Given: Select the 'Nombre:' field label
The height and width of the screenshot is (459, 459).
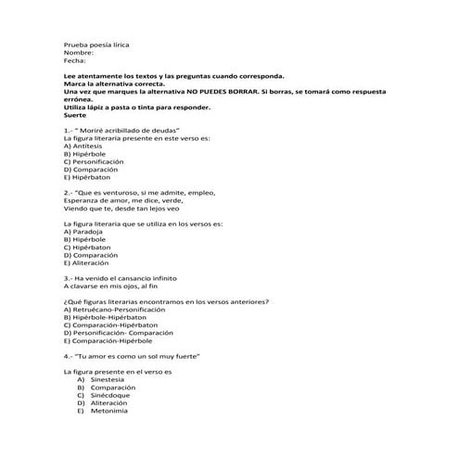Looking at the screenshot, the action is click(x=78, y=52).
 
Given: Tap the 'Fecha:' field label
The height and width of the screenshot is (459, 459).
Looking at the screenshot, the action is click(x=74, y=60).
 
